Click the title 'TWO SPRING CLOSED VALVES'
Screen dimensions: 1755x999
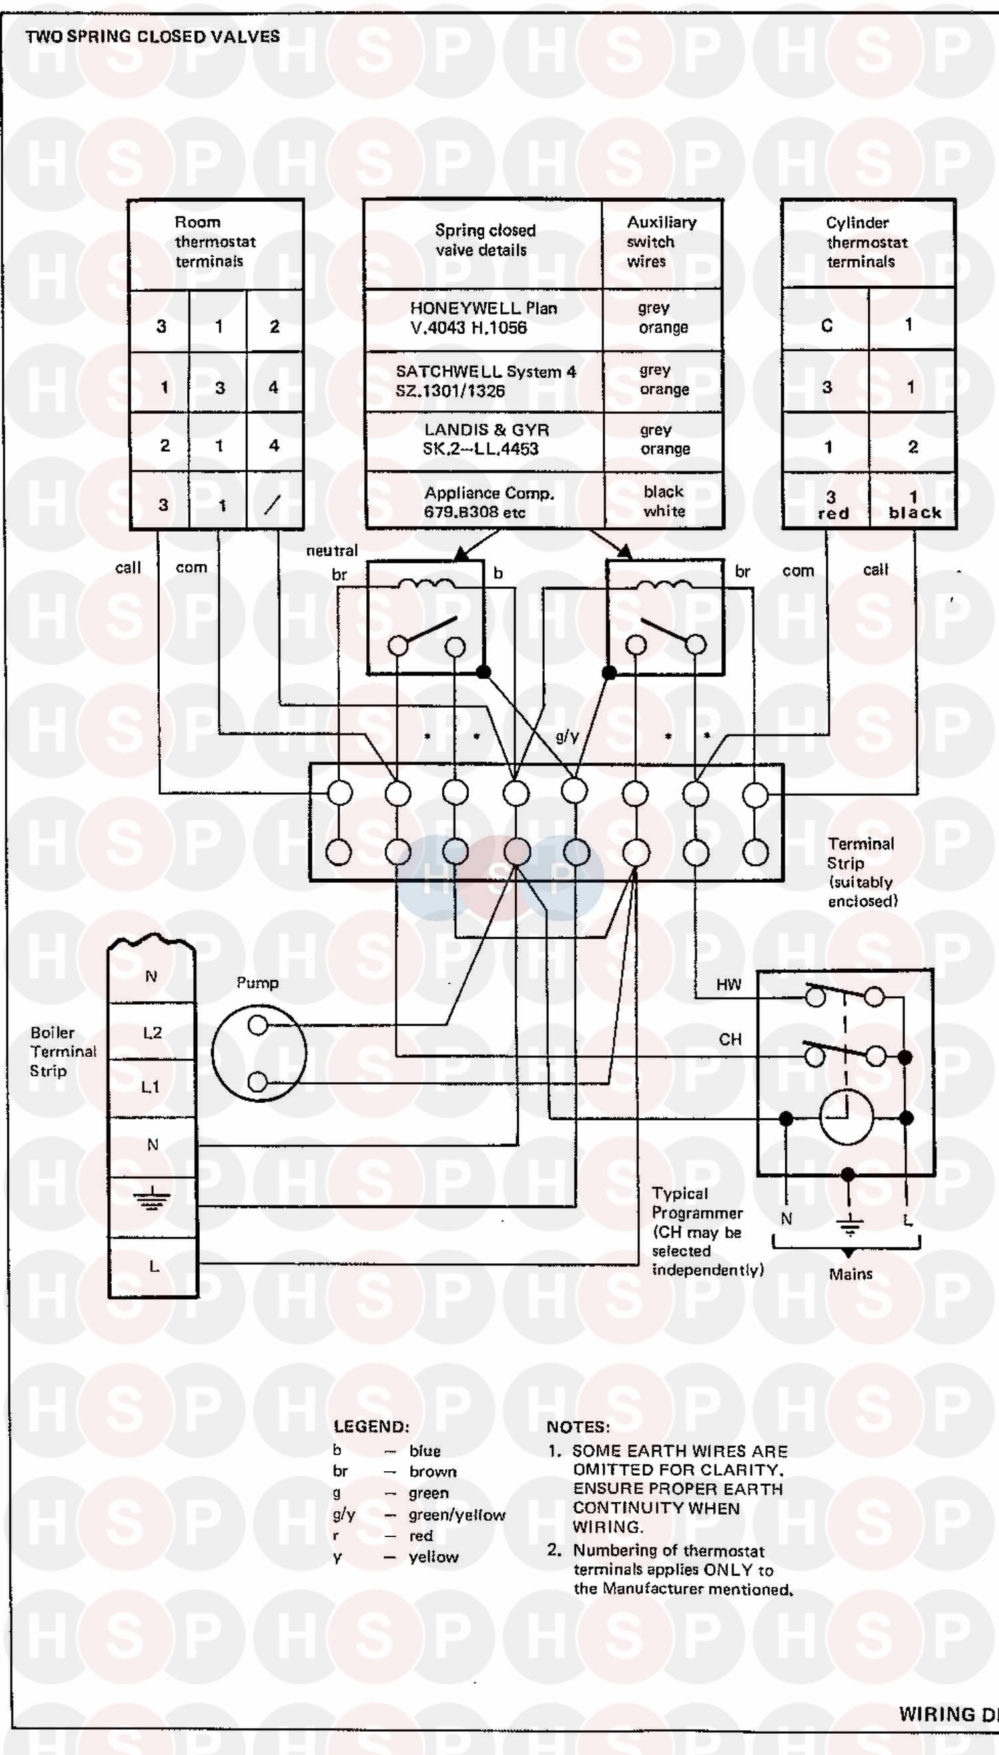coord(153,37)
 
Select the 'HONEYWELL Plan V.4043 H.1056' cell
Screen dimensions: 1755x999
coord(483,318)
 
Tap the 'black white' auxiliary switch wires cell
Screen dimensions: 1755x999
coord(663,501)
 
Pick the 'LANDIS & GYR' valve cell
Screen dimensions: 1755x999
coord(484,439)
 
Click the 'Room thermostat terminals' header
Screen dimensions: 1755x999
coord(214,242)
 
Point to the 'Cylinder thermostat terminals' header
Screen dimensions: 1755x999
coord(866,243)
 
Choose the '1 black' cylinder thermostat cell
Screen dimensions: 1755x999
coord(914,504)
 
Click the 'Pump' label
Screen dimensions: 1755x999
coord(257,982)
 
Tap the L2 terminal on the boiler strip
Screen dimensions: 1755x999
coord(153,1033)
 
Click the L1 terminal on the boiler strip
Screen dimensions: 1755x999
coord(151,1087)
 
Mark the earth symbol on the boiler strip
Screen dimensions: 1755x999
coord(152,1198)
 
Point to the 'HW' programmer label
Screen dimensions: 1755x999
coord(729,984)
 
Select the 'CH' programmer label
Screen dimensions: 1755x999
coord(730,1039)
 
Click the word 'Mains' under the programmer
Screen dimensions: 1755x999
coord(850,1274)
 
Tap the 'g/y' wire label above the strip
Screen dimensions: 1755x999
coord(567,736)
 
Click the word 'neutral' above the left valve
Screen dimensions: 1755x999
coord(332,550)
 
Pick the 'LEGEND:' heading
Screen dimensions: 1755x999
coord(371,1427)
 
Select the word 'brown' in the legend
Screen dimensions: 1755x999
coord(432,1472)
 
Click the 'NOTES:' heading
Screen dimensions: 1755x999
coord(577,1427)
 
